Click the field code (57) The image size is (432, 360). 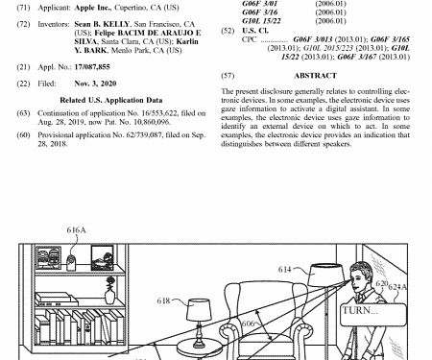(228, 75)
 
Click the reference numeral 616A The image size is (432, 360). (76, 231)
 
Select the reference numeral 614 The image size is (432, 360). (284, 272)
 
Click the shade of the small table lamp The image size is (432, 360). (198, 309)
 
